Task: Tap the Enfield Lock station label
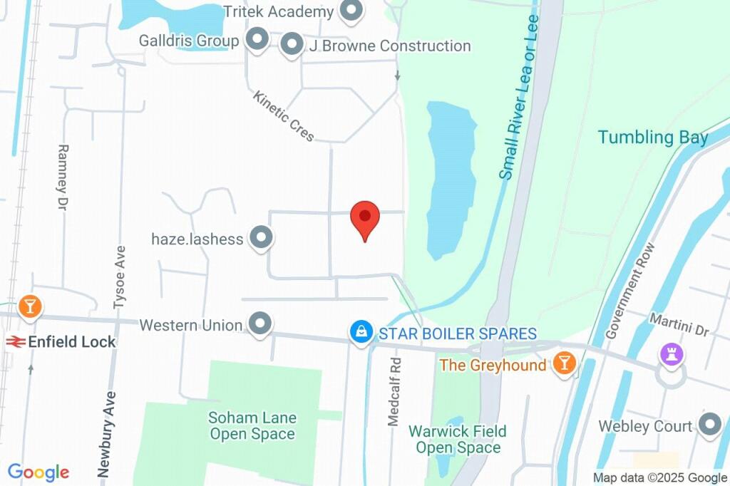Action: (x=71, y=342)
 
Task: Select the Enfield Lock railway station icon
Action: (x=16, y=342)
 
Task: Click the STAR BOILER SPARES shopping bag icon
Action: (x=361, y=331)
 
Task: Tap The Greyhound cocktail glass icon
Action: (x=564, y=363)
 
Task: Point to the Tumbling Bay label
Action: (x=652, y=138)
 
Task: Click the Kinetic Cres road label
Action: (x=284, y=116)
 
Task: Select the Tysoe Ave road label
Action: (x=120, y=277)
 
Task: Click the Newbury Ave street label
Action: (x=104, y=434)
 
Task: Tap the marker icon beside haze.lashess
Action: (x=262, y=238)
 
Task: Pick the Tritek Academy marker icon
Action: (x=350, y=11)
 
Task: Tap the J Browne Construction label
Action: (x=389, y=46)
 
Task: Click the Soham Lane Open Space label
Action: (x=252, y=425)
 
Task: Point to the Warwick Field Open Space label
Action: (x=458, y=439)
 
